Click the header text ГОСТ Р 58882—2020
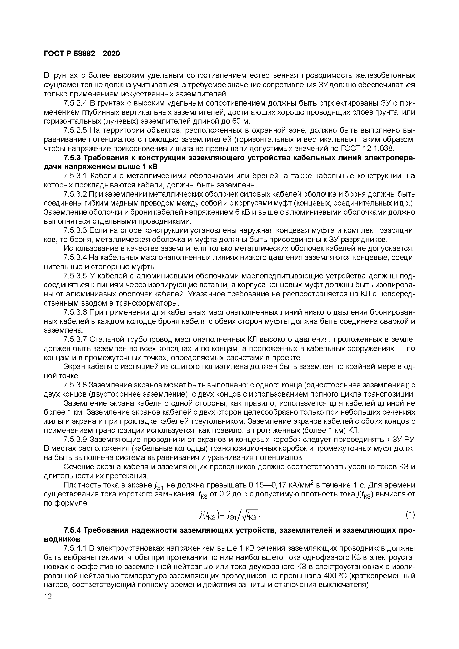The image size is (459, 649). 82,53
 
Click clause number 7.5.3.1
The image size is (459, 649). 75,176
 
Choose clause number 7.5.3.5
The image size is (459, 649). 75,276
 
